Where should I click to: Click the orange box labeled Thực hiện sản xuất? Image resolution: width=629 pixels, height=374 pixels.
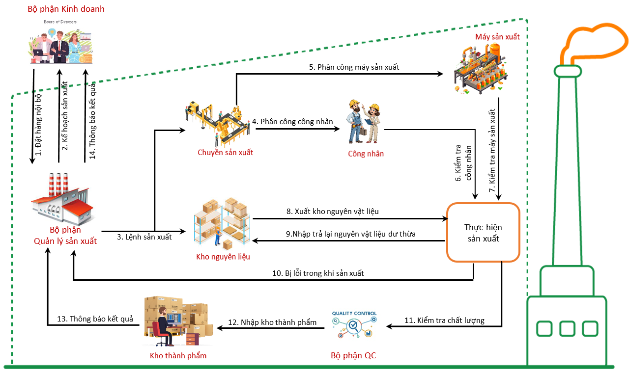[x=483, y=233]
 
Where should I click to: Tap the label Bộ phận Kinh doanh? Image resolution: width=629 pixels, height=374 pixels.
[x=65, y=9]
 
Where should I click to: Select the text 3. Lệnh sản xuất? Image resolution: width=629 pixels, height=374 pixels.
[x=144, y=237]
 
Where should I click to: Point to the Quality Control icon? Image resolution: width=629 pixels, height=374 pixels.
[x=354, y=324]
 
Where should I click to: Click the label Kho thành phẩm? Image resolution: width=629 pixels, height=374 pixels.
[x=178, y=355]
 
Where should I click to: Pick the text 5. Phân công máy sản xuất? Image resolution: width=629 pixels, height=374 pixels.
[x=354, y=67]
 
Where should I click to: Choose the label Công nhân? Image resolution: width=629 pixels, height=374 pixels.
[x=366, y=154]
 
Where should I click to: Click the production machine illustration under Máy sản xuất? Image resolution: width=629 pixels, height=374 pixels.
[x=480, y=69]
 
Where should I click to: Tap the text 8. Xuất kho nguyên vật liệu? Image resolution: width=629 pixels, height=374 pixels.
[x=333, y=212]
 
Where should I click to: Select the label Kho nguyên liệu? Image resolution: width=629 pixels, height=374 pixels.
[x=223, y=257]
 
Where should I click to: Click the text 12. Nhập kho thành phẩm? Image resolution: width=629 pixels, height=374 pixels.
[x=272, y=322]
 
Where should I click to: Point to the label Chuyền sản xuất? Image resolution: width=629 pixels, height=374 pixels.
[x=225, y=152]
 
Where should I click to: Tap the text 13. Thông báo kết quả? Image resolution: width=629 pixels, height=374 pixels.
[x=95, y=319]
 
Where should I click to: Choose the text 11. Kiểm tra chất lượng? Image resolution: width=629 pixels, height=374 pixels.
[x=444, y=321]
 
